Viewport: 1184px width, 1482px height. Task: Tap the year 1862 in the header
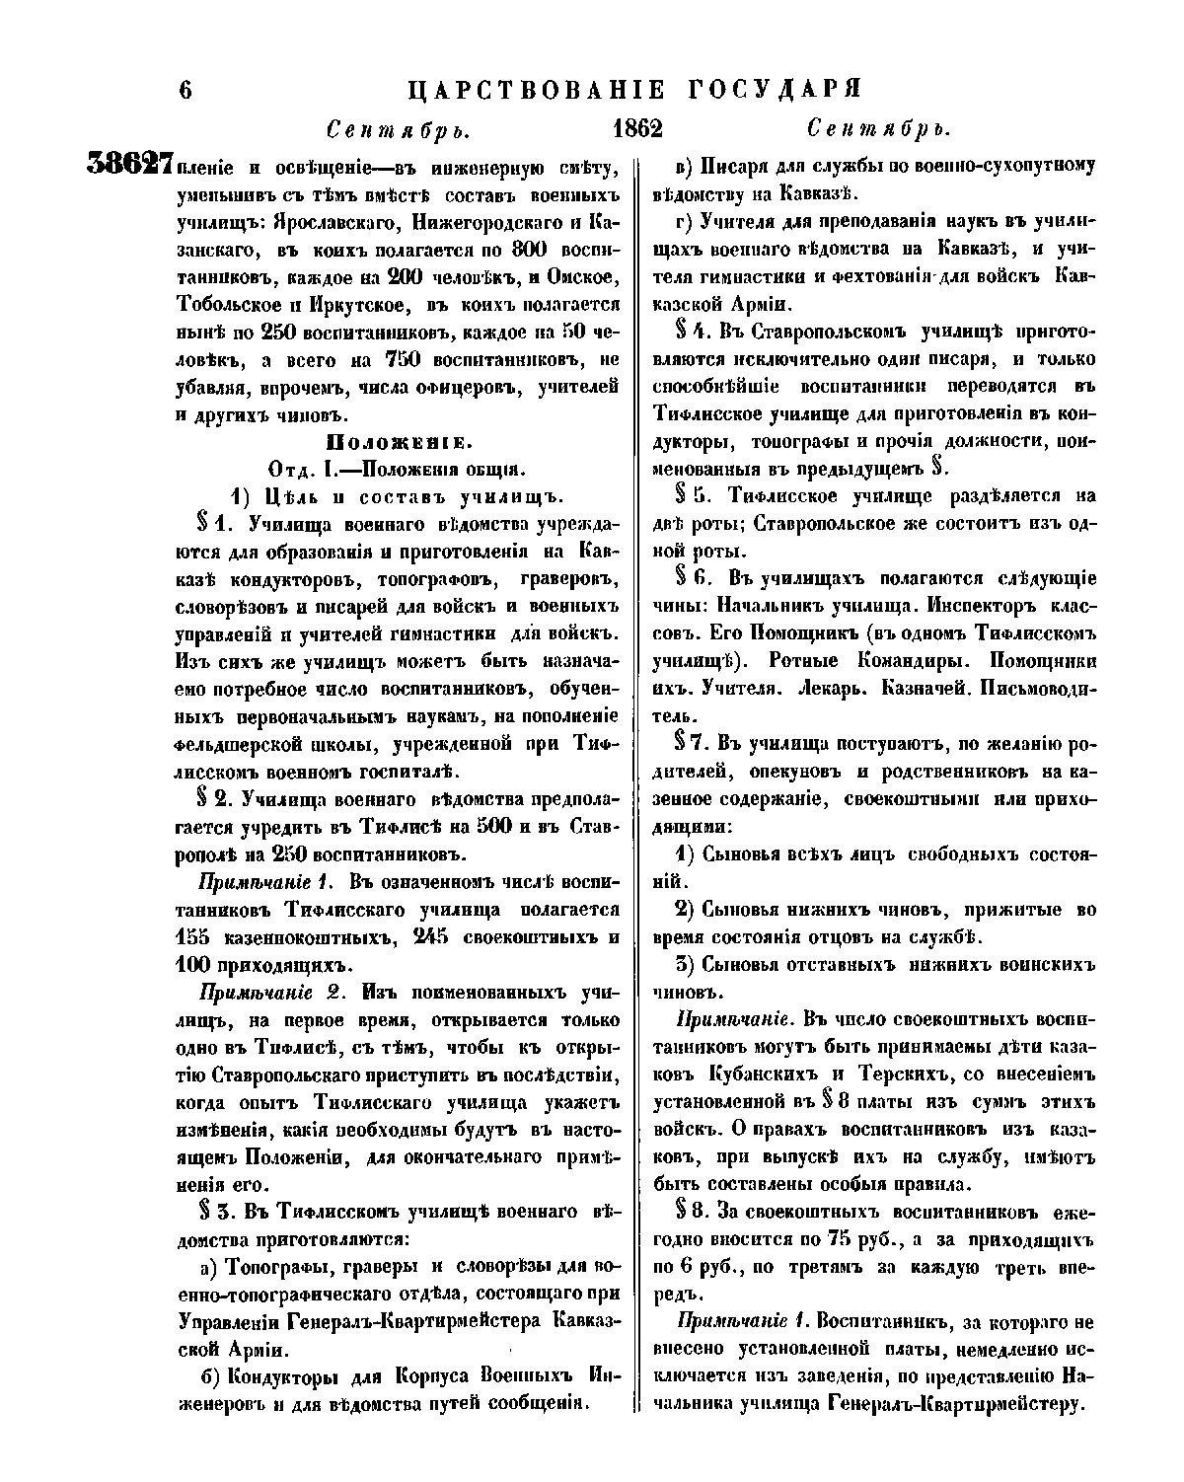coord(636,129)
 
